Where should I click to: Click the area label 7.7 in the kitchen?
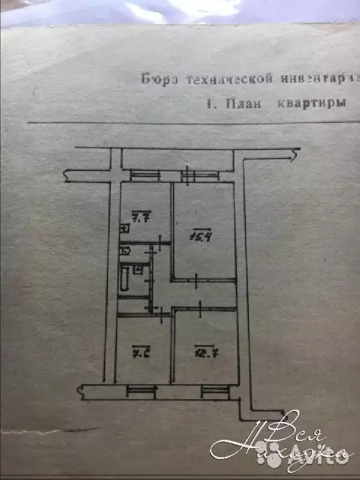tap(141, 218)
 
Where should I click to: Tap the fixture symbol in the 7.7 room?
tap(122, 228)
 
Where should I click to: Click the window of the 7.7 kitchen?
tap(145, 175)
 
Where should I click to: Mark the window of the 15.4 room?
tap(199, 175)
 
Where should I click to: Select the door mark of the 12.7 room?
tap(199, 307)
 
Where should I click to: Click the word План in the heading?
tap(244, 103)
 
